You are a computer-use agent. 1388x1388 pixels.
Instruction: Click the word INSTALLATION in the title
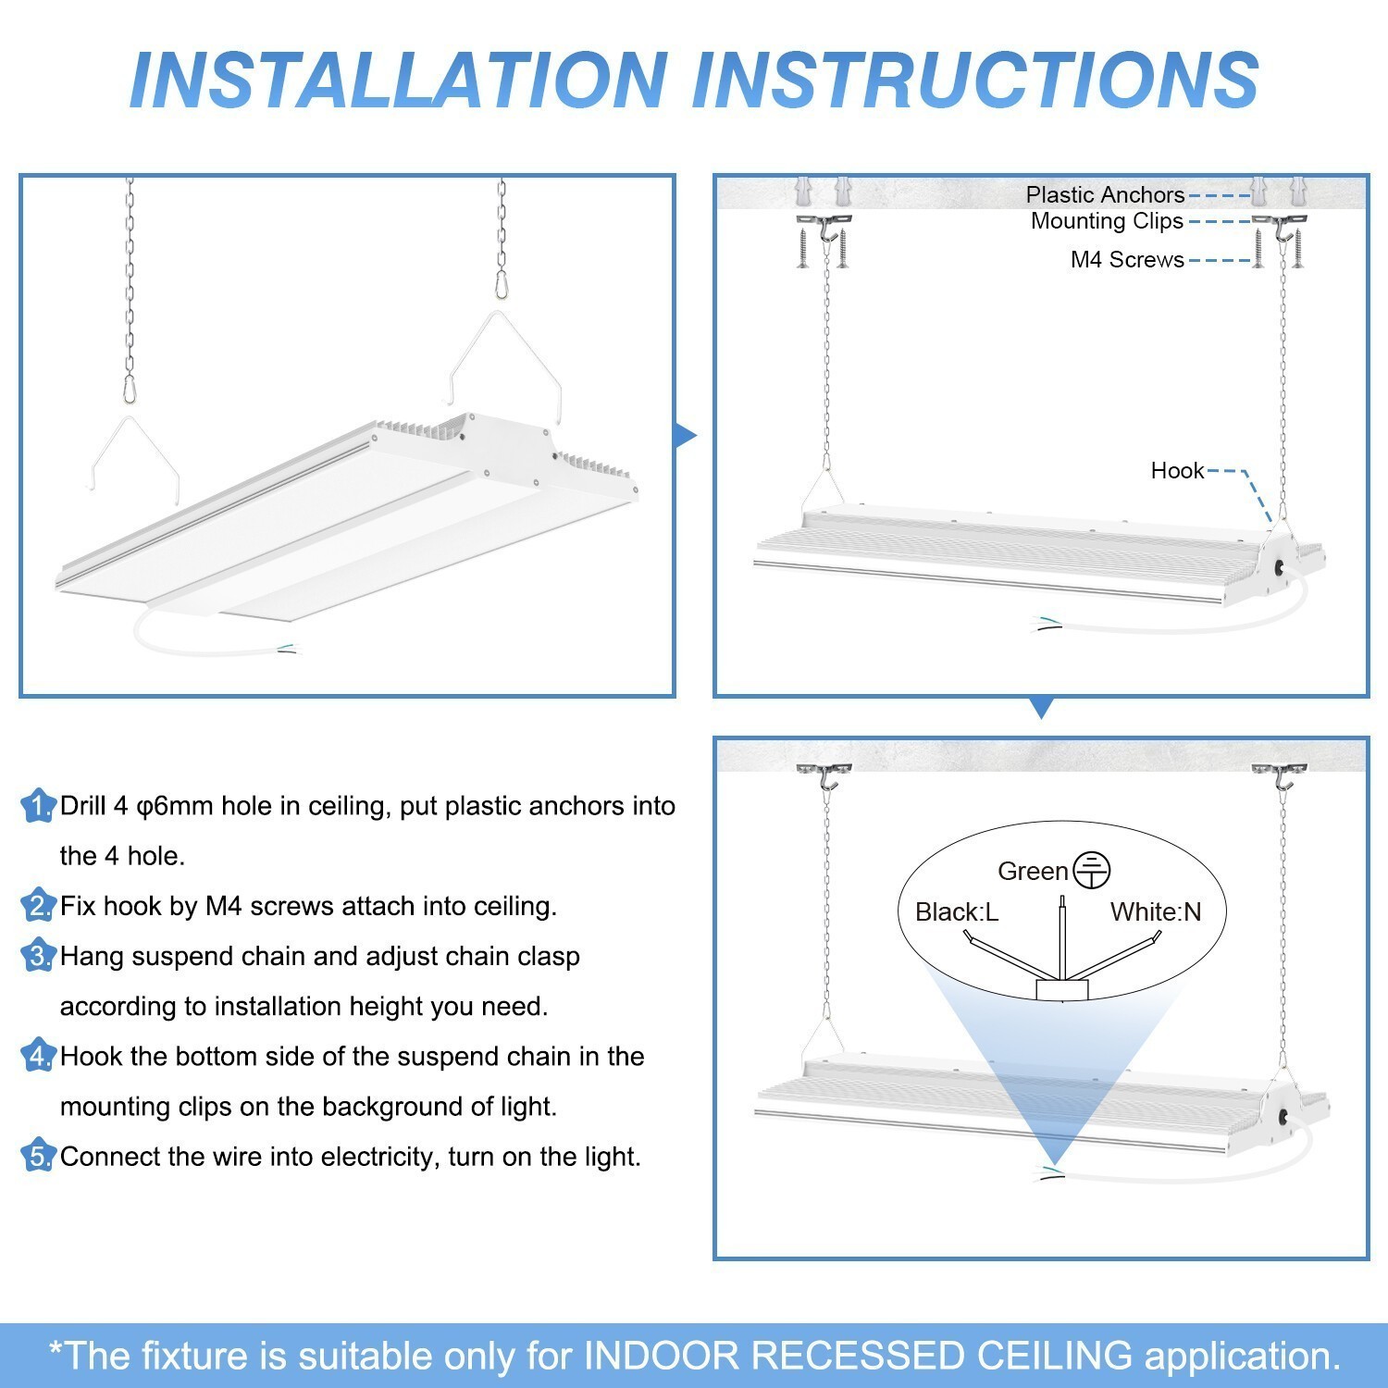398,80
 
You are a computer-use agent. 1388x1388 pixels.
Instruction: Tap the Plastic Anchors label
1105,195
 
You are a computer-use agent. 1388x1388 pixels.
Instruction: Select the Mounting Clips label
1107,221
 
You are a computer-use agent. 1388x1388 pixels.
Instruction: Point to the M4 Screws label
1126,260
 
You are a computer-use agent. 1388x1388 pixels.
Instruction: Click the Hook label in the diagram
1177,471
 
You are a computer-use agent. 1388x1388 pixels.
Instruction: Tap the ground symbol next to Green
1092,871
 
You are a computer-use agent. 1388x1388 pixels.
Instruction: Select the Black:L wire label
956,912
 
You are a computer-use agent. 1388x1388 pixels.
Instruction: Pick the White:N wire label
1156,912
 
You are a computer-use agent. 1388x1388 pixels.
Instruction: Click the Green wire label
1033,872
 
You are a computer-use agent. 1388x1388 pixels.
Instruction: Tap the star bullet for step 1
38,806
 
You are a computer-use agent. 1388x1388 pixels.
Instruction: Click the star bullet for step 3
38,956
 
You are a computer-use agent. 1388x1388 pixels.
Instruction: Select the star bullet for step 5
38,1157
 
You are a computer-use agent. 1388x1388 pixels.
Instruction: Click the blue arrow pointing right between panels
685,436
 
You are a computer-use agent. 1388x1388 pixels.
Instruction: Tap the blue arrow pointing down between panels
1041,709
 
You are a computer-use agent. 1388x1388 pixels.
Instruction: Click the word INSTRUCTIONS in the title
976,80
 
